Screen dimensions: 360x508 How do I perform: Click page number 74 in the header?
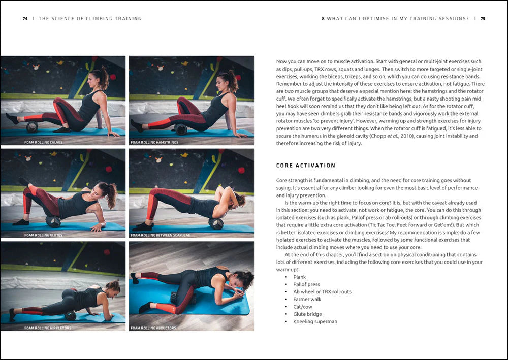[x=25, y=19]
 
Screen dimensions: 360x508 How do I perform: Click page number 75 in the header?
[x=483, y=19]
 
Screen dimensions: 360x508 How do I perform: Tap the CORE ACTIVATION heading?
[x=306, y=166]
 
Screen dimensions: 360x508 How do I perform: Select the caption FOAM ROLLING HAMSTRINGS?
[x=154, y=142]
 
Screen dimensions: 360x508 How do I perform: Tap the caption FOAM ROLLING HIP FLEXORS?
[x=48, y=328]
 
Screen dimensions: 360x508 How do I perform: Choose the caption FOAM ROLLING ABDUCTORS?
[x=153, y=328]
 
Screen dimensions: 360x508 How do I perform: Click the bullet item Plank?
[x=299, y=277]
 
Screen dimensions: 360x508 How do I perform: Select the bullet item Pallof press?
[x=306, y=284]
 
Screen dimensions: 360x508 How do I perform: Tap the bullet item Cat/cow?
[x=303, y=307]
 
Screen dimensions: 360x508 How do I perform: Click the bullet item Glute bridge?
[x=307, y=314]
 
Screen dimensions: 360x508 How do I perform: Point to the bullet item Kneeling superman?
[x=315, y=321]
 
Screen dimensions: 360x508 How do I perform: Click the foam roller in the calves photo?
[x=32, y=126]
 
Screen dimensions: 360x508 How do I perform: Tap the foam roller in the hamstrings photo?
[x=181, y=129]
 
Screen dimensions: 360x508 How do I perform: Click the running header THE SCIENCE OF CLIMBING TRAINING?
[x=90, y=19]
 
